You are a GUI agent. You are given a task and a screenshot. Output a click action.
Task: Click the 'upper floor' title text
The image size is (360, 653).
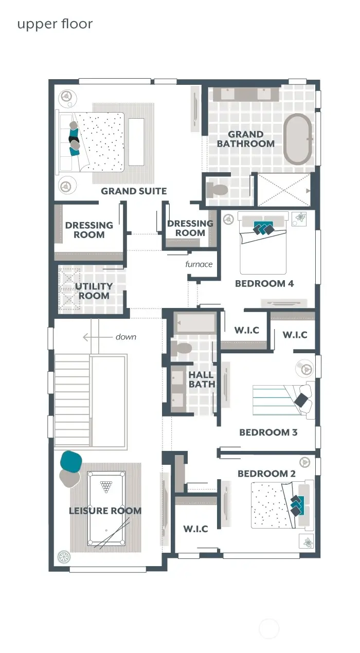pos(55,24)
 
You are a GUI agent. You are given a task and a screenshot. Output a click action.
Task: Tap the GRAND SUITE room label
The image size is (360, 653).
pos(134,191)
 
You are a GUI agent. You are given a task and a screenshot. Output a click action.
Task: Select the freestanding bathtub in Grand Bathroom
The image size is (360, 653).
pos(297,139)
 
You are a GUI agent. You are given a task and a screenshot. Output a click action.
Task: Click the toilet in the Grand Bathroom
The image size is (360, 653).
pos(217,190)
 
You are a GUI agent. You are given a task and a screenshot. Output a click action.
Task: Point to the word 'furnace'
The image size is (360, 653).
pos(199,264)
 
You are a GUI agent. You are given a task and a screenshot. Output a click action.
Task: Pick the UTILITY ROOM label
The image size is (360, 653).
pos(94,291)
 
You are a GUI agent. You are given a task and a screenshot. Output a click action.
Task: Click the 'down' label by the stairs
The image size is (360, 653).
pos(126,337)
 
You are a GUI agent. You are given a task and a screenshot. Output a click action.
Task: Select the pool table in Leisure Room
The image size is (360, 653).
pos(106,508)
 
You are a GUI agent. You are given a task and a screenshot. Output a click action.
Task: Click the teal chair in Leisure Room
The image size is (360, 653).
pos(71,461)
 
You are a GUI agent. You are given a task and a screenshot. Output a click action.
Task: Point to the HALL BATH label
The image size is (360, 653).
pos(201,380)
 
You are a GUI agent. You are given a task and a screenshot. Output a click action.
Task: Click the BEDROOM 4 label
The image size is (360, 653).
pos(264,284)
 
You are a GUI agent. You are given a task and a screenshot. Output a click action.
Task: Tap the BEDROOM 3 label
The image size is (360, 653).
pos(268,432)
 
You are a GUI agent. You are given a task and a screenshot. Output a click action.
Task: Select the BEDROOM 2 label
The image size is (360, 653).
pos(266,474)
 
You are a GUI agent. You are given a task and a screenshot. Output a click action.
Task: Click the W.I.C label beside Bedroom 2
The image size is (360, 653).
pos(195,529)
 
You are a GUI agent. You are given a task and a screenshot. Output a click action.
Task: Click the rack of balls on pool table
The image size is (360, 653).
pos(106,485)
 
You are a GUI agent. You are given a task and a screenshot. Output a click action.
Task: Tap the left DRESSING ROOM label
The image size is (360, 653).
pos(89,230)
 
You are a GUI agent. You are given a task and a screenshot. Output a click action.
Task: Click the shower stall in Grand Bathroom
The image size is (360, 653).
pos(283,190)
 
